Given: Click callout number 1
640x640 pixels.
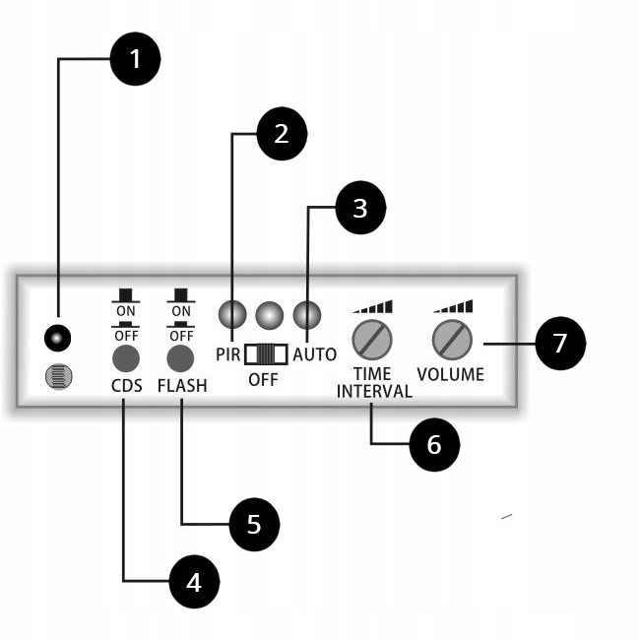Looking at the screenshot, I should [x=135, y=59].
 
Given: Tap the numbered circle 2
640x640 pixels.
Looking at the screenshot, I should [x=282, y=134].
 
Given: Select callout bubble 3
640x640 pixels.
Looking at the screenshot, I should [x=360, y=208].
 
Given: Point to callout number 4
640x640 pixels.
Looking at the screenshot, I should [x=194, y=582].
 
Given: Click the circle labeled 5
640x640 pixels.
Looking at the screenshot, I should [x=254, y=524].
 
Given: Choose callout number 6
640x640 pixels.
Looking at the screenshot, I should [x=434, y=444].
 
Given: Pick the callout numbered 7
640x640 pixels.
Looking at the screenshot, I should [x=560, y=344].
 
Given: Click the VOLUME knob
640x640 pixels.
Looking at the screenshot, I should [x=452, y=340].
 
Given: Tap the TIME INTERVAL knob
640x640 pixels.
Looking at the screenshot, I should [x=372, y=340].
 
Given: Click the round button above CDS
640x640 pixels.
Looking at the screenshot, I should [x=126, y=356].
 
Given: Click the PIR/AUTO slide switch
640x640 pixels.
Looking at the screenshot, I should [x=265, y=354].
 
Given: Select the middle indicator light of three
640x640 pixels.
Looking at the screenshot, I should [x=269, y=315].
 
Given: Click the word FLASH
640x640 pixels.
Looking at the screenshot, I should [x=182, y=386].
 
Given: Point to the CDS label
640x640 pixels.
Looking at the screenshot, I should [x=126, y=386].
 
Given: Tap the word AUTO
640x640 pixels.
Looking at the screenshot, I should [x=315, y=354].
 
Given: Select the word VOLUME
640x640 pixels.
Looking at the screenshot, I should [x=451, y=375].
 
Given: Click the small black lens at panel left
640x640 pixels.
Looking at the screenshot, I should [x=58, y=340].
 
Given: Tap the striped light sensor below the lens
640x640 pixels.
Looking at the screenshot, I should [x=59, y=376].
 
